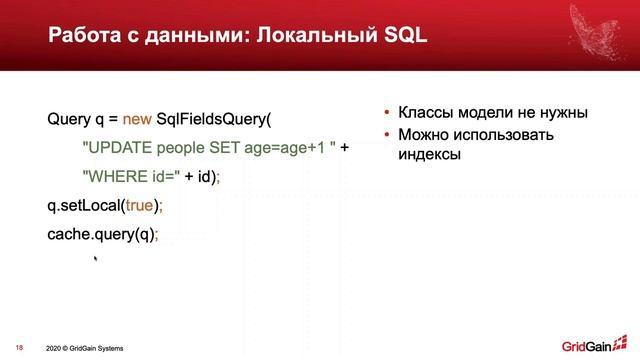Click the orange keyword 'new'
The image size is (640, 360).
point(138,118)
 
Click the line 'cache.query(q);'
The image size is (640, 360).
point(103,234)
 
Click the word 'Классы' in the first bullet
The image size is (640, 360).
point(425,113)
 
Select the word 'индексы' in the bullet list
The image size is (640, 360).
point(430,156)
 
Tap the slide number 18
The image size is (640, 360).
point(19,348)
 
